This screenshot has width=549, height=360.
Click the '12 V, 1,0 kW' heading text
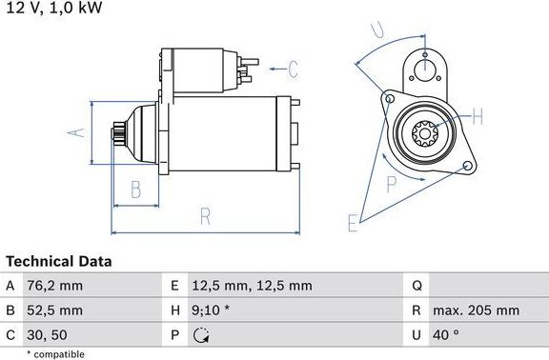point(53,9)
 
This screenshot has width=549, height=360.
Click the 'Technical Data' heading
point(59,261)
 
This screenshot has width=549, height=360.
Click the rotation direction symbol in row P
point(200,334)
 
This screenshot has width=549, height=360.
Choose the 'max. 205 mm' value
point(477,310)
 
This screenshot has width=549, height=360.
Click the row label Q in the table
point(417,286)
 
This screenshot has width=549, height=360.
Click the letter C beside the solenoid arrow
point(293,69)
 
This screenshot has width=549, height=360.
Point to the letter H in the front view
point(478,117)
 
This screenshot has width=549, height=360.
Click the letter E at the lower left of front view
point(353,223)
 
